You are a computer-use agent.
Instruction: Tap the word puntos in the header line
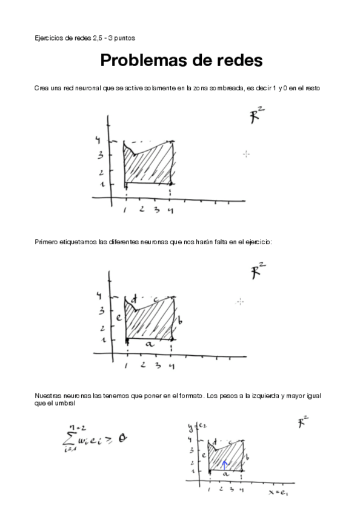tap(124, 38)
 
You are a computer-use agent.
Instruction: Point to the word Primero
tap(48, 242)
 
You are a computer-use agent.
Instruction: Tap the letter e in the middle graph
tap(119, 316)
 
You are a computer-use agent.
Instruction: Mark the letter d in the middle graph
tap(134, 297)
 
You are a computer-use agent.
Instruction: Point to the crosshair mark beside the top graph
tap(247, 155)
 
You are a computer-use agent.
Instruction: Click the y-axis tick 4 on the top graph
tap(97, 141)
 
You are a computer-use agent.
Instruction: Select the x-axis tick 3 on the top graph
tap(156, 210)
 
